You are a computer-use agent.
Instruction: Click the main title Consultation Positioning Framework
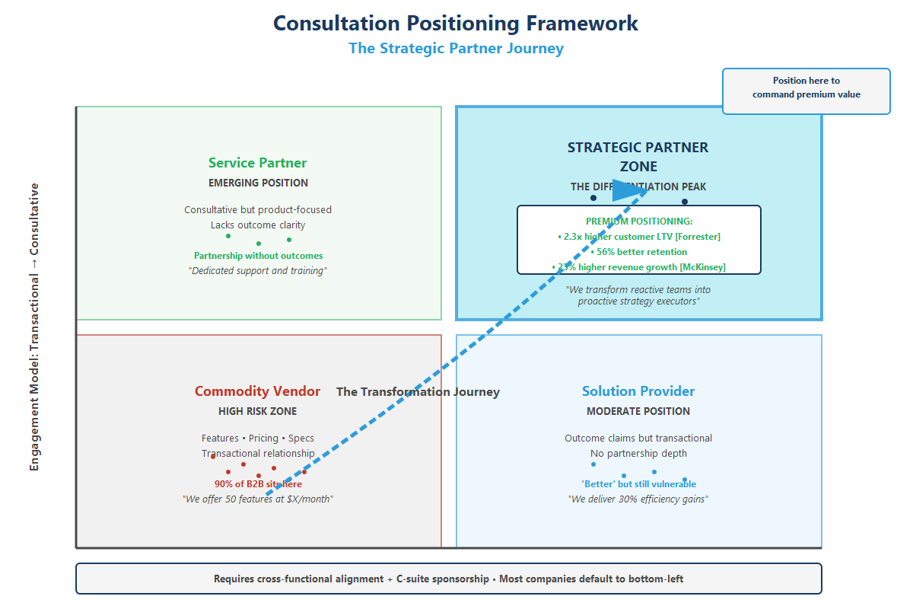pyautogui.click(x=456, y=23)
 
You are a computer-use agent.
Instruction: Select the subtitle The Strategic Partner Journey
pyautogui.click(x=456, y=49)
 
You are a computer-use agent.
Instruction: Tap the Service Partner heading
pyautogui.click(x=258, y=163)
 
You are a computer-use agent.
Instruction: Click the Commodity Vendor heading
pyautogui.click(x=257, y=391)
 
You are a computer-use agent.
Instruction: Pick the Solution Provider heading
pyautogui.click(x=638, y=391)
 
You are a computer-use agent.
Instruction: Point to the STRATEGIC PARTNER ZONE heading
pyautogui.click(x=638, y=156)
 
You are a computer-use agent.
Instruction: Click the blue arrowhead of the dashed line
pyautogui.click(x=631, y=190)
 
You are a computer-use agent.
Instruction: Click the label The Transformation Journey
pyautogui.click(x=418, y=392)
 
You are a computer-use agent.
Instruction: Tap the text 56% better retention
pyautogui.click(x=638, y=252)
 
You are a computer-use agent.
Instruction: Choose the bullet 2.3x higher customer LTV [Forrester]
pyautogui.click(x=638, y=237)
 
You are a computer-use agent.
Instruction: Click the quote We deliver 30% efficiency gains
pyautogui.click(x=638, y=499)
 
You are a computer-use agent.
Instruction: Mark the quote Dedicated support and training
pyautogui.click(x=258, y=271)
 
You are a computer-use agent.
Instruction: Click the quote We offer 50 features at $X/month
pyautogui.click(x=258, y=499)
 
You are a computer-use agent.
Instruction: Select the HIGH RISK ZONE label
pyautogui.click(x=258, y=411)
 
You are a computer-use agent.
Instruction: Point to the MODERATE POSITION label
pyautogui.click(x=638, y=411)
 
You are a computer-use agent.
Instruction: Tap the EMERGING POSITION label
pyautogui.click(x=258, y=183)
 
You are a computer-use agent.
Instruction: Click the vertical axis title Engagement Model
pyautogui.click(x=34, y=327)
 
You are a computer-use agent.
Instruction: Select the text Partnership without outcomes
pyautogui.click(x=258, y=256)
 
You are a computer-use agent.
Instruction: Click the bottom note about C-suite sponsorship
pyautogui.click(x=448, y=579)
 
